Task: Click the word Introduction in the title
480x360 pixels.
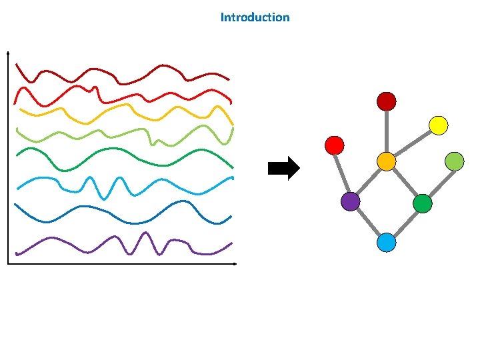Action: pos(255,17)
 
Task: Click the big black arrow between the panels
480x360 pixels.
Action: pos(284,169)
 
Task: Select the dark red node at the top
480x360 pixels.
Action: pos(386,101)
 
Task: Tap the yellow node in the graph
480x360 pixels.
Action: pos(438,125)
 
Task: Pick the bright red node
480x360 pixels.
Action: pos(335,145)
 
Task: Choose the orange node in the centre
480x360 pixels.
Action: pos(386,161)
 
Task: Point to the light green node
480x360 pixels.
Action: pos(454,161)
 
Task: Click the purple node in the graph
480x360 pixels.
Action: pos(350,201)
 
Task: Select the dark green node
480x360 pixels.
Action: pos(422,203)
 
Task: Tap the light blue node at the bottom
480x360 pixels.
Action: pos(386,243)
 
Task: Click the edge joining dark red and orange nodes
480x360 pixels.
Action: pos(386,131)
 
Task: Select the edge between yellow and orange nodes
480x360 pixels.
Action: pos(412,143)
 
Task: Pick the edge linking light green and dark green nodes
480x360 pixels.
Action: pos(438,181)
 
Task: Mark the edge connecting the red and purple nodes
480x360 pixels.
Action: pos(342,173)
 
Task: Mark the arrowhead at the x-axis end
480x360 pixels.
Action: pos(235,265)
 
